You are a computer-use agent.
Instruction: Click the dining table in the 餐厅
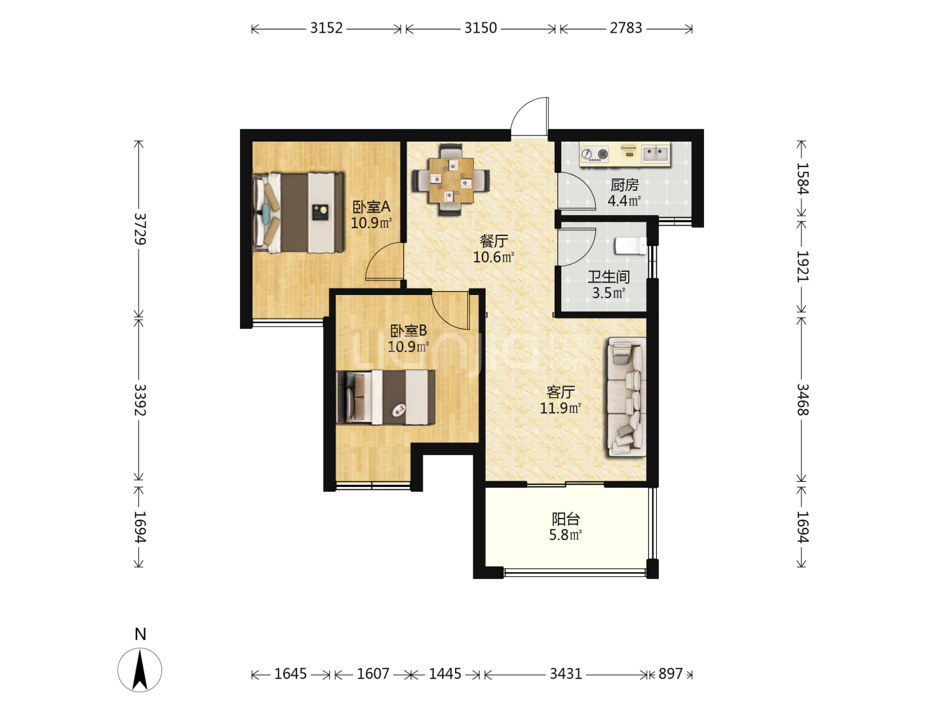[451, 180]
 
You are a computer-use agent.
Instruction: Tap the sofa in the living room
[626, 397]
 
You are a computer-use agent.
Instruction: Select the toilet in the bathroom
[631, 246]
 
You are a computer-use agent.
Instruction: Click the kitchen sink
[656, 153]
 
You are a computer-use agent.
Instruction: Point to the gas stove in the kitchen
[595, 154]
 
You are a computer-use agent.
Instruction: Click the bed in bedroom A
[298, 212]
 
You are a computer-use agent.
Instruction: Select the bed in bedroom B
[385, 397]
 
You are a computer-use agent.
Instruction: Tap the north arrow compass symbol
[140, 670]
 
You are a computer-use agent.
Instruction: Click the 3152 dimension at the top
[326, 28]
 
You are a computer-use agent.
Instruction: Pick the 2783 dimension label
[626, 28]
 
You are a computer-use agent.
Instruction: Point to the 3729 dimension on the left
[140, 229]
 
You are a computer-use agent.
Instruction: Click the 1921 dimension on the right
[802, 266]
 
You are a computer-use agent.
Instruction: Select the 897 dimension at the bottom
[671, 674]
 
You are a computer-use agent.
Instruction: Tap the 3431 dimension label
[566, 674]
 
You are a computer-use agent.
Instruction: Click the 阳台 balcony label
[566, 519]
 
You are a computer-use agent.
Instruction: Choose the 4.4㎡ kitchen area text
[624, 201]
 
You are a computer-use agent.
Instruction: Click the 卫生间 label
[608, 277]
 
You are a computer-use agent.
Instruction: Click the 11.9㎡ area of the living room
[560, 408]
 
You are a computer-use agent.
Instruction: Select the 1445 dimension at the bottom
[444, 674]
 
